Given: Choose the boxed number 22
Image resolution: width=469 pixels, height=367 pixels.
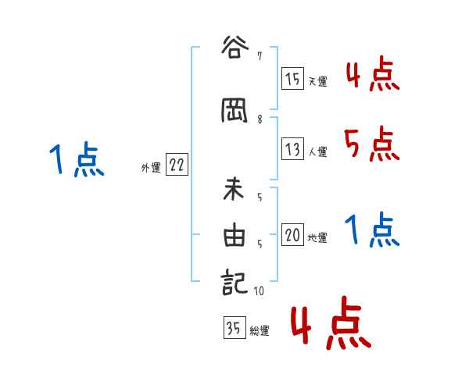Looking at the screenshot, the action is point(177,165).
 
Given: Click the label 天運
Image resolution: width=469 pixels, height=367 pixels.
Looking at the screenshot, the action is point(317,81).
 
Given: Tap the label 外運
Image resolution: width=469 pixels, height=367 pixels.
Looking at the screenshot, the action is point(150,167).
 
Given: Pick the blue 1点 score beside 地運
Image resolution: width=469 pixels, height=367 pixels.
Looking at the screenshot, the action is point(371,230).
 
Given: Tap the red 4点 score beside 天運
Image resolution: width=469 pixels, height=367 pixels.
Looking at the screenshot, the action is point(371,75).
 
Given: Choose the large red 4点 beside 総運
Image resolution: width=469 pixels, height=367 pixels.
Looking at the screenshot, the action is point(328,324).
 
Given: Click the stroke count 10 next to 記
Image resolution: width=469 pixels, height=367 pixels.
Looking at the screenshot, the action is point(260,291).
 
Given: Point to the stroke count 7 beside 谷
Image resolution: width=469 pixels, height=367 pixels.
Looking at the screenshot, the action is point(259,55).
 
